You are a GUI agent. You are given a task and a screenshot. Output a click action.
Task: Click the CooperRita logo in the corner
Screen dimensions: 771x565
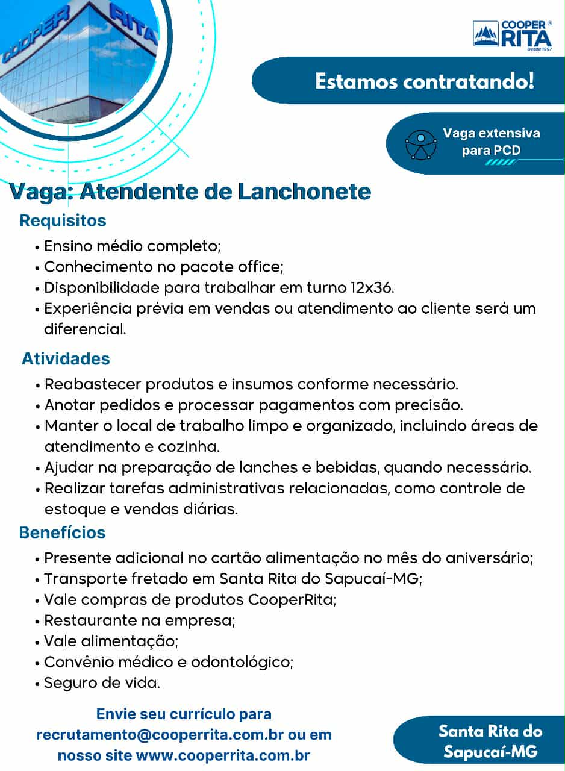(x=512, y=34)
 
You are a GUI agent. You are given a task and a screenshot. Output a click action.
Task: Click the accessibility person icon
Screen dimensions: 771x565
(x=420, y=143)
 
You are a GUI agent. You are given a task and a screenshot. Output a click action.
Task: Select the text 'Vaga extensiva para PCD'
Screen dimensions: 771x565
(x=491, y=142)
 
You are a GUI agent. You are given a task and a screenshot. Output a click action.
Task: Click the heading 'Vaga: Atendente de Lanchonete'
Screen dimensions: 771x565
(x=190, y=192)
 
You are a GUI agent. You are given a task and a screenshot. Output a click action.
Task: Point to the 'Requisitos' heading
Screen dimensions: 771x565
(x=63, y=220)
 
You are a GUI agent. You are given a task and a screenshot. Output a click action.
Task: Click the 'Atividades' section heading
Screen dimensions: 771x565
(x=66, y=359)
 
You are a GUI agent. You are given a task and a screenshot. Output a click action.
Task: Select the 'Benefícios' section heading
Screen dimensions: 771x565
(x=62, y=533)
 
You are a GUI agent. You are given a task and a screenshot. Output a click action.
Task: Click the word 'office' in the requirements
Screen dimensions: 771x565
(x=258, y=267)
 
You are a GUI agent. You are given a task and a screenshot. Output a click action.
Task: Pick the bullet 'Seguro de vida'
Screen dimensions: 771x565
(x=102, y=684)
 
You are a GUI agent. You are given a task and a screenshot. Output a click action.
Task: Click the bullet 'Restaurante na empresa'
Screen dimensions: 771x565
(x=139, y=621)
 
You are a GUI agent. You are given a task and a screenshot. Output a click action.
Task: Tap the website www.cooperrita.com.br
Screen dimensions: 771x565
(x=223, y=755)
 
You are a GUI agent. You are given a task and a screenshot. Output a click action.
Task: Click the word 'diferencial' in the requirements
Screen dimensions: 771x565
(x=85, y=329)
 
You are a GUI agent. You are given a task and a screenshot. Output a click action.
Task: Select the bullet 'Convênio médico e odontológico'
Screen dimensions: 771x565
(x=169, y=663)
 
